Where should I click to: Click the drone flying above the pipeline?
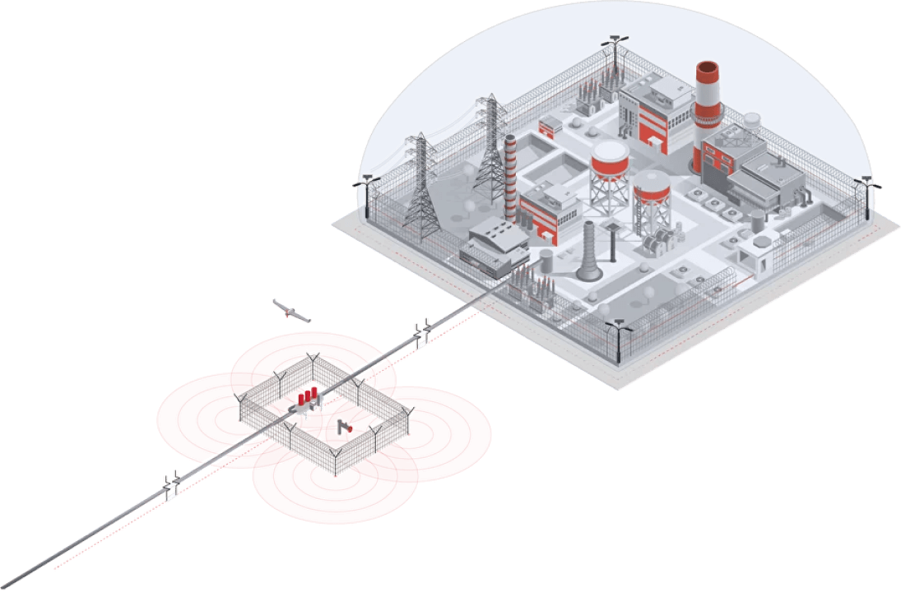(x=291, y=312)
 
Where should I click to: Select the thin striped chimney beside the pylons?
(x=511, y=177)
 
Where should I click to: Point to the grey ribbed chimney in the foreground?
(x=590, y=251)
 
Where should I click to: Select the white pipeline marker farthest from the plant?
(x=171, y=491)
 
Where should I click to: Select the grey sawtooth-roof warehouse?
(x=494, y=243)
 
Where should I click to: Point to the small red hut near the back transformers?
(x=549, y=127)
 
